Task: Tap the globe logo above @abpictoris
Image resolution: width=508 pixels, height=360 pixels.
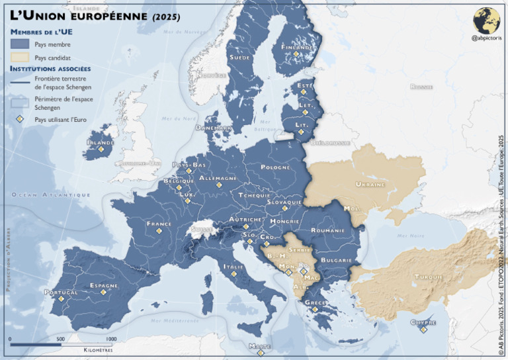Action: [486, 21]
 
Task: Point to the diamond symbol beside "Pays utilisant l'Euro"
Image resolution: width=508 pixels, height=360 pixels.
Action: [20, 120]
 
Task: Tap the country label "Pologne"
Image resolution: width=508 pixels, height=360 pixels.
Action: [275, 167]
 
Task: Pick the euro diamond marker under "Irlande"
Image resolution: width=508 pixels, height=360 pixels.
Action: [101, 150]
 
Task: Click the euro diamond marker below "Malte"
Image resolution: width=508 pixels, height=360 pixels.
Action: [259, 352]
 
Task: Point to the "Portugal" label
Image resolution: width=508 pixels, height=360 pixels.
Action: [61, 292]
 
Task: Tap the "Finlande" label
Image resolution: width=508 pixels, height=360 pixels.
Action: [298, 48]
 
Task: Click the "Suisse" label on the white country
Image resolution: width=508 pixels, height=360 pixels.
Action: [202, 230]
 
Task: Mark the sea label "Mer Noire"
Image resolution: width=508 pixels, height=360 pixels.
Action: [410, 236]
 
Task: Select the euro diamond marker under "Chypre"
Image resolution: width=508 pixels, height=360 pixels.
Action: [423, 330]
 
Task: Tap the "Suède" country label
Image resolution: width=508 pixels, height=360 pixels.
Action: [239, 58]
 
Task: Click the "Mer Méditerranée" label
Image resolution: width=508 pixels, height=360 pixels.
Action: [174, 320]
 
